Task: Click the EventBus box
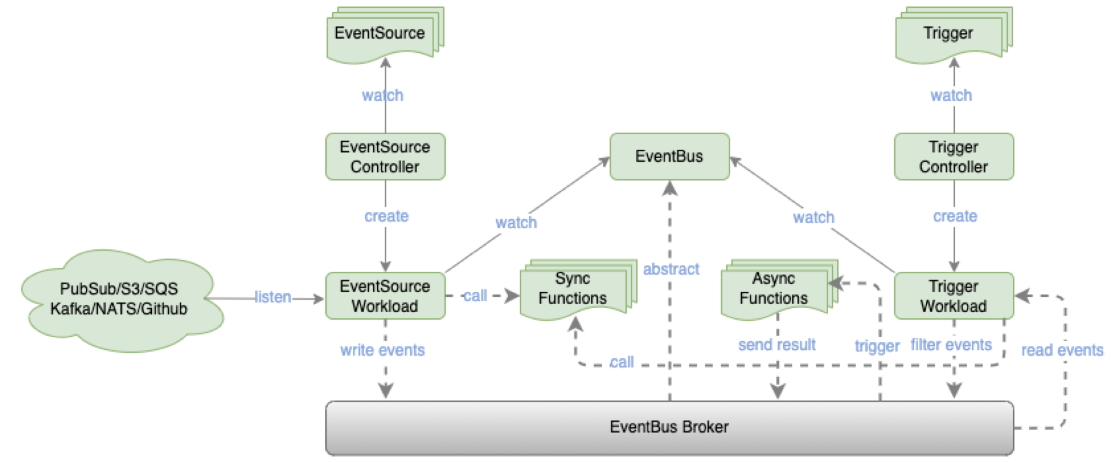(669, 156)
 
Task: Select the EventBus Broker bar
(669, 428)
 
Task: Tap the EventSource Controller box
(385, 156)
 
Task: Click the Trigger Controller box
(953, 156)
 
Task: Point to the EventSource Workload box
(385, 296)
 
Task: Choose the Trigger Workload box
(953, 296)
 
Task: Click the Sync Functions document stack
(572, 289)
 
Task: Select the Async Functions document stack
(773, 289)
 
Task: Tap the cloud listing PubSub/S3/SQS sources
(119, 299)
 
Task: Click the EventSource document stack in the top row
(380, 34)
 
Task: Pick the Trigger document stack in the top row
(948, 34)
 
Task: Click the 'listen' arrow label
(273, 297)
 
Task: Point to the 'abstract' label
(672, 269)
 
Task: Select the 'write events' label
(383, 350)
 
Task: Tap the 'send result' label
(777, 345)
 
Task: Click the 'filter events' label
(951, 345)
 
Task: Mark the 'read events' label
(1062, 350)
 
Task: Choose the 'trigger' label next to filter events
(877, 346)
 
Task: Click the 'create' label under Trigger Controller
(955, 216)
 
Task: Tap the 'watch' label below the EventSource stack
(383, 95)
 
